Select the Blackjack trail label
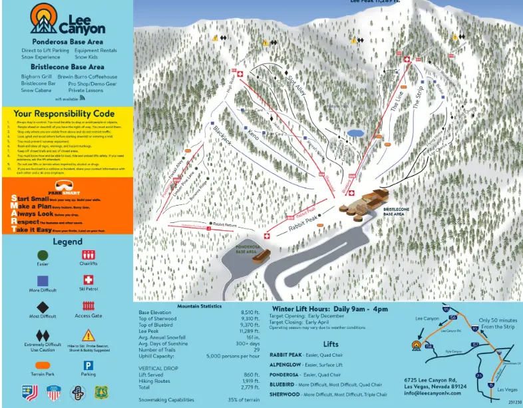point(223,136)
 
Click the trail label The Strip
point(419,98)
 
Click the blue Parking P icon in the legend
point(88,365)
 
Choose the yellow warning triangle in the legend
point(88,335)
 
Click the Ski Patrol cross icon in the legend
point(88,280)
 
